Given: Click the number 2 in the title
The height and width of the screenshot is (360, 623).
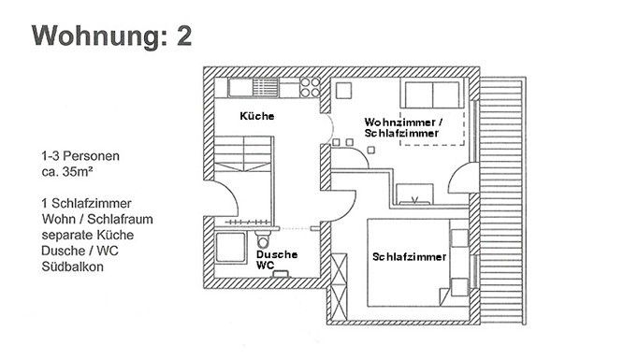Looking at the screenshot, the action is point(184,36).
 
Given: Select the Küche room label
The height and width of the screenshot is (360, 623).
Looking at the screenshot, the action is point(257,116).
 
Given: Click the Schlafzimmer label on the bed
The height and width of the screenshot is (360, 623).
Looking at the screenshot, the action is point(409,257).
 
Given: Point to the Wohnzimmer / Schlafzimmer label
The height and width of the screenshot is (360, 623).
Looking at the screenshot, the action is point(403,127).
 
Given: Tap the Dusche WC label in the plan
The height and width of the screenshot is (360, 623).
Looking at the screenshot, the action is point(277,260).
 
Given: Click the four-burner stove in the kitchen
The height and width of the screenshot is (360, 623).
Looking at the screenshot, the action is point(310,87).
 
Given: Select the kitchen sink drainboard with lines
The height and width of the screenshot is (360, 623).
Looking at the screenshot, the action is point(266,87).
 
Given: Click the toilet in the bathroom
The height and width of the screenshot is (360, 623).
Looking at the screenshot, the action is point(262,239).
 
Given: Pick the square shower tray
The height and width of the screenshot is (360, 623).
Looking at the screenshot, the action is point(231,247).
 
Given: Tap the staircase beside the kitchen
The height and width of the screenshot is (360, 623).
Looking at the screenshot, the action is point(243,154).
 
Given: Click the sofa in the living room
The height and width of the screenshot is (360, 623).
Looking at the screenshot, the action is point(432,94).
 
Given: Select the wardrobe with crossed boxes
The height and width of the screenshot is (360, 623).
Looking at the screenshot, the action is point(339,287).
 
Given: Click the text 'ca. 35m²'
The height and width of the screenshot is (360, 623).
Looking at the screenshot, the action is point(66,172).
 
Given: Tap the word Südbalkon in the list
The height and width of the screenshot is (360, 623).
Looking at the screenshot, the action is point(72,266).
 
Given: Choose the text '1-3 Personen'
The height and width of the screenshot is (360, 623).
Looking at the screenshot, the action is point(80,156).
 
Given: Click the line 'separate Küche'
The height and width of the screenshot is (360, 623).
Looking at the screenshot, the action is point(87,235).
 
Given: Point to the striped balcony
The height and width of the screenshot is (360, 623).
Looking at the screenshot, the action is point(502,201).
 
